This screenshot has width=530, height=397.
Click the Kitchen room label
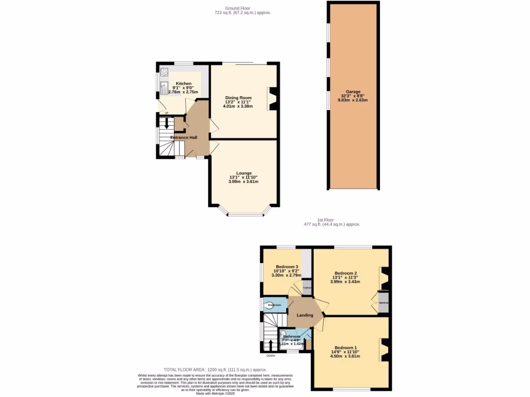click(183, 83)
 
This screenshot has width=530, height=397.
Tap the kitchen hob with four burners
click(165, 72)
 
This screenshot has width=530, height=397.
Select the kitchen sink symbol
click(164, 88)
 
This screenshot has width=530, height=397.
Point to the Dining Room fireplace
click(273, 99)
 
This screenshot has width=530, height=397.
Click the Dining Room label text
click(238, 98)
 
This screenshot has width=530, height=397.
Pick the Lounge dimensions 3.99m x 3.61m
click(243, 181)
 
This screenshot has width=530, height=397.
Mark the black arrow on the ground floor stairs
click(166, 124)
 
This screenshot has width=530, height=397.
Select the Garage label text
click(353, 91)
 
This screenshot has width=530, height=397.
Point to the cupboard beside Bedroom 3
click(307, 287)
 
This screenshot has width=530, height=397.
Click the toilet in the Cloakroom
click(270, 306)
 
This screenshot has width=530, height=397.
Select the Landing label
click(304, 315)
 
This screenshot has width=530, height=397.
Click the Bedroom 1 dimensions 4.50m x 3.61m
click(345, 356)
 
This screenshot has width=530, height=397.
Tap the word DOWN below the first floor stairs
click(271, 356)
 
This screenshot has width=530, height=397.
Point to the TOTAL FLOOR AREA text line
click(215, 370)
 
